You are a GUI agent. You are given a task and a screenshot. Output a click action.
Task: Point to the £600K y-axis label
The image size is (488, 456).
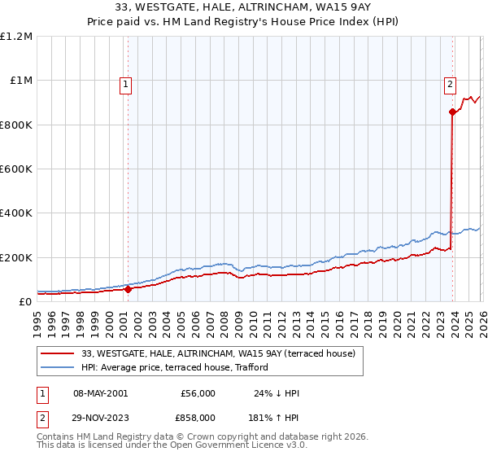[x=16, y=169]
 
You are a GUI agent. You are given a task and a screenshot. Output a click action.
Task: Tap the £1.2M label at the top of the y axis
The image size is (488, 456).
[x=16, y=37]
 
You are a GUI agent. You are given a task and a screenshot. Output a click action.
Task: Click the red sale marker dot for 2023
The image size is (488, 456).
[x=451, y=112]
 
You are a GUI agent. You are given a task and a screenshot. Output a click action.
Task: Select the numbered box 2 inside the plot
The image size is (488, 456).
[x=450, y=82]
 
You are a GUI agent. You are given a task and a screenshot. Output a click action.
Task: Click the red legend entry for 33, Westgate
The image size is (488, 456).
[x=218, y=353]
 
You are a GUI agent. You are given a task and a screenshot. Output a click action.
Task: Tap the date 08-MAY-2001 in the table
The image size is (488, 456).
[x=100, y=393]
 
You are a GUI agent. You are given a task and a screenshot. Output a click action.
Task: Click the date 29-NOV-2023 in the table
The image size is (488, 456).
[x=100, y=416]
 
